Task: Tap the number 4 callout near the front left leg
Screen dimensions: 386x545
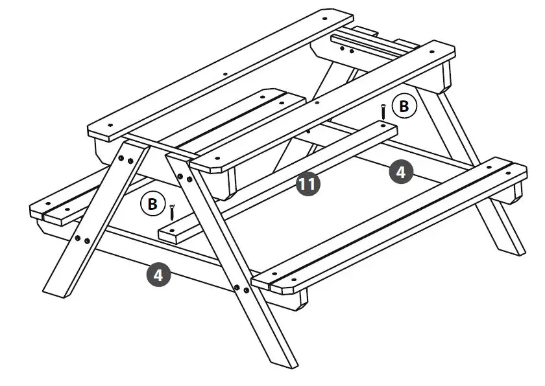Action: point(159,275)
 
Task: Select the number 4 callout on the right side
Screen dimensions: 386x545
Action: point(401,172)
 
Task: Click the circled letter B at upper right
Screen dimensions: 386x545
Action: point(404,107)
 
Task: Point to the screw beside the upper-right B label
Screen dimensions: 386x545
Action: point(383,112)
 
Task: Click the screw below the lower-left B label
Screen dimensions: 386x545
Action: point(173,212)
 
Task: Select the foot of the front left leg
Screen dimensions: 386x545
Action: point(54,290)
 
